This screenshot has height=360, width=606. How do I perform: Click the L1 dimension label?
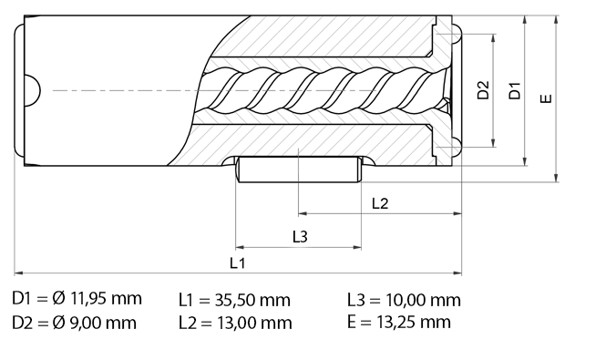point(237,263)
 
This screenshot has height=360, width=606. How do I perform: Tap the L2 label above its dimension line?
point(379,203)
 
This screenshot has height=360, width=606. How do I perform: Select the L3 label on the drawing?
point(300,236)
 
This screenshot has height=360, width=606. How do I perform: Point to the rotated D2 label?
point(483,89)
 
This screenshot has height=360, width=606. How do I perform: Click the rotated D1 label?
point(514,90)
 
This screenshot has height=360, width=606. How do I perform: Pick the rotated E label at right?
point(545,98)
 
